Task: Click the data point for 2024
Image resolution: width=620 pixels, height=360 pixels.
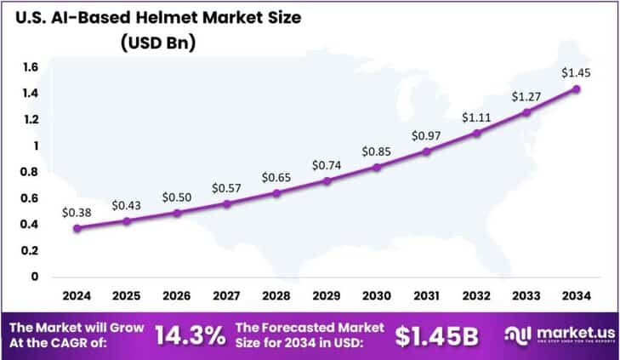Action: (x=77, y=228)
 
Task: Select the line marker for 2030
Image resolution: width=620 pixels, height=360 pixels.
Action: (x=377, y=167)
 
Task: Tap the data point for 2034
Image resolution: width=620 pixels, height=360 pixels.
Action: (x=577, y=89)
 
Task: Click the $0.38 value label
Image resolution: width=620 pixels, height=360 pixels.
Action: (x=77, y=210)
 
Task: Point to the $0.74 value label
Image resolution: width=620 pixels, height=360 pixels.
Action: (x=327, y=163)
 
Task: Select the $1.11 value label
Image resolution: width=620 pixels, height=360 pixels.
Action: (x=477, y=117)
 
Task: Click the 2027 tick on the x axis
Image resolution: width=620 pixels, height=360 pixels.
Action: (x=227, y=294)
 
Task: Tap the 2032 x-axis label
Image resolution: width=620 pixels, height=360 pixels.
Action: (x=476, y=294)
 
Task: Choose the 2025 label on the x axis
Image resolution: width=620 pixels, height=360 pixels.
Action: (x=127, y=294)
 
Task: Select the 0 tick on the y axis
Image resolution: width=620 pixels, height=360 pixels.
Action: (x=34, y=277)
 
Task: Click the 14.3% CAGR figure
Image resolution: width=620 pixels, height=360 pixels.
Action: (x=191, y=334)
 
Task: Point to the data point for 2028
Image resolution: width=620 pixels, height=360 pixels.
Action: (x=277, y=193)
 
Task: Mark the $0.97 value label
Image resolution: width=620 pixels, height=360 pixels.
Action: (x=427, y=135)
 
